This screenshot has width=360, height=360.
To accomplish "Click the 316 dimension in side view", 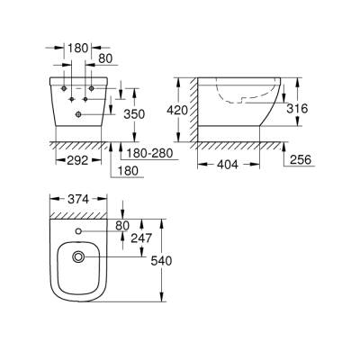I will (298, 108).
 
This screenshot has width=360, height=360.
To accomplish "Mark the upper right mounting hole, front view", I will (91, 88).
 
